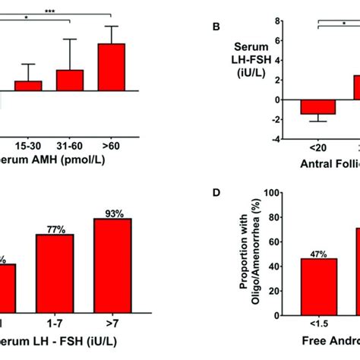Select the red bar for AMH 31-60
(70, 81)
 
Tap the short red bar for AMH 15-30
(28, 87)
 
